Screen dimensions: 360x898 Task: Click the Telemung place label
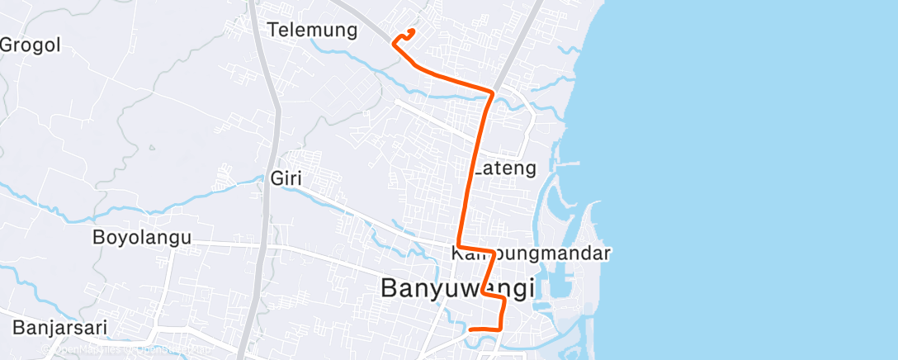tap(312, 31)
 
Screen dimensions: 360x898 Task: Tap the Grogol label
tap(31, 45)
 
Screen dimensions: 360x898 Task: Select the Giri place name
tap(282, 177)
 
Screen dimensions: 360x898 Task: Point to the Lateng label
tap(505, 168)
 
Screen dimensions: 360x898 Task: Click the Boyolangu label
tap(142, 238)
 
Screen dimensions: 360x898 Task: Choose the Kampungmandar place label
tap(532, 253)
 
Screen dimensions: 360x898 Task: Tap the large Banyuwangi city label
tap(457, 288)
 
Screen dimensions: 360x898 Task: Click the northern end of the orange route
tap(412, 31)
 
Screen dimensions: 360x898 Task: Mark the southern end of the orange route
tap(470, 330)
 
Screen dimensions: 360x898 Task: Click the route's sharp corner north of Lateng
tap(493, 92)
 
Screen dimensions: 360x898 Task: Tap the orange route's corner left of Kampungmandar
tap(458, 246)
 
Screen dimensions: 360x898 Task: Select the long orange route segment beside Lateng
tap(470, 173)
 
